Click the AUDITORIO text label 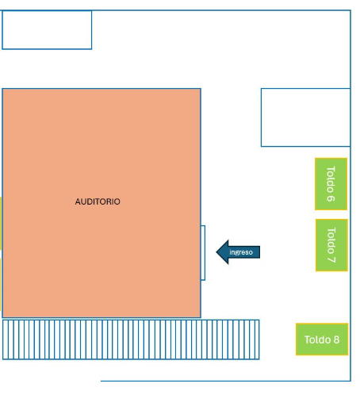point(98,201)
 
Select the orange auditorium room point(101,203)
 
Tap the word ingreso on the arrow point(241,252)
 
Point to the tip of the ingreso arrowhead point(216,252)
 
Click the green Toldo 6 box point(331,184)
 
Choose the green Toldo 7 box point(331,245)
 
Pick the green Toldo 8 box point(322,339)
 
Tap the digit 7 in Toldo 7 point(331,259)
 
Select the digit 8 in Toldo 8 point(336,339)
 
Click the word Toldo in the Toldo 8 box point(317,339)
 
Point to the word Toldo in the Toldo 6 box point(331,179)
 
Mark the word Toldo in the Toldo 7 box point(331,240)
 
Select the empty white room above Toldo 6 point(305,117)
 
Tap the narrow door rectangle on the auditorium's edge point(203,253)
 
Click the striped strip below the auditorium point(131,339)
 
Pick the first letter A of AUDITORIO point(78,201)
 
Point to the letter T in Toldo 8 point(308,339)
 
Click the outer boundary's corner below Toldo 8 point(350,381)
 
